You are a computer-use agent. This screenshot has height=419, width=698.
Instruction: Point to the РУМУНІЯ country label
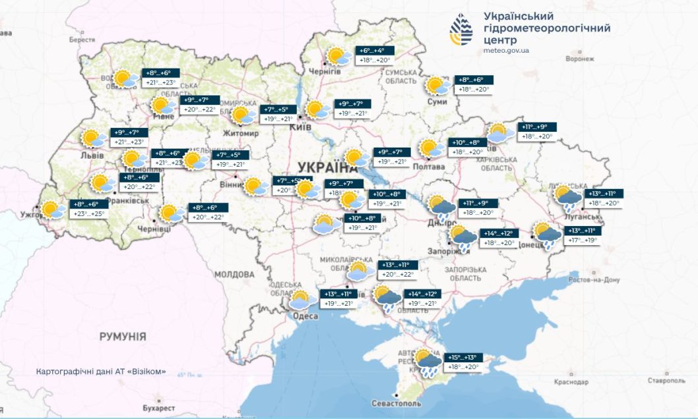tap(123, 337)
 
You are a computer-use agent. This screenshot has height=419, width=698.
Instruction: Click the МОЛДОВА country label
tap(234, 274)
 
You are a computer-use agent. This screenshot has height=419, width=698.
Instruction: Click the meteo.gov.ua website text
tap(506, 50)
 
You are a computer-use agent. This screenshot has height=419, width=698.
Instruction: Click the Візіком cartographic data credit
tap(101, 372)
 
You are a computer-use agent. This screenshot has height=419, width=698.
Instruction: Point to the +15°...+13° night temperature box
tap(465, 356)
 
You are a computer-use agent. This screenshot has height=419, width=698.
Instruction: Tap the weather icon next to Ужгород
tap(52, 210)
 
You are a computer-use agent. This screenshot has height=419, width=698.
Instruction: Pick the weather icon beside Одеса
tap(302, 300)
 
